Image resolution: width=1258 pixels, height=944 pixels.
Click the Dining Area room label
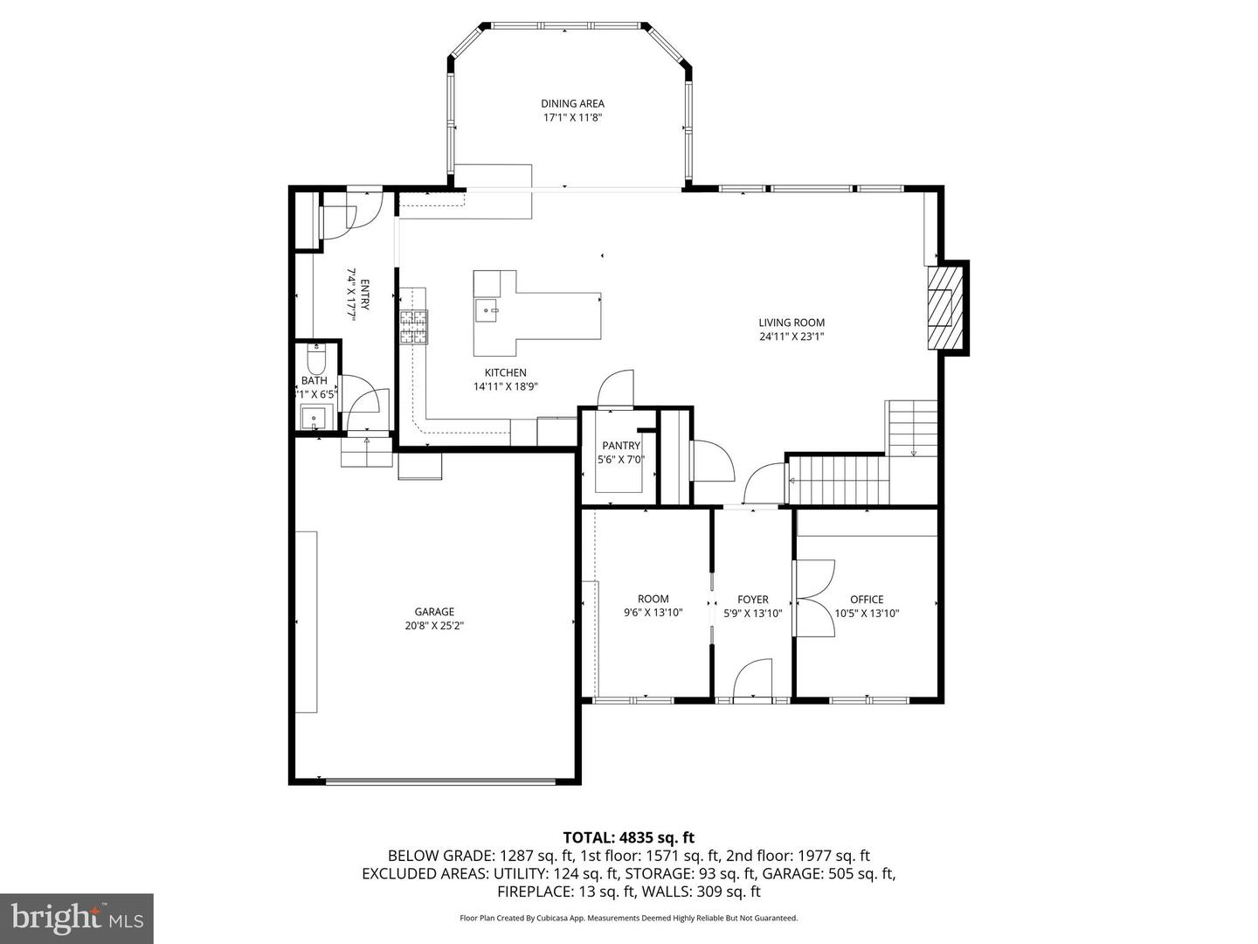[x=572, y=103]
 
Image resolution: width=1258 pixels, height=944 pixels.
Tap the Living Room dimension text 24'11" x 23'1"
[x=791, y=337]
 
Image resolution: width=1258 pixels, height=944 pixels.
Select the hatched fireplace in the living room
[x=943, y=307]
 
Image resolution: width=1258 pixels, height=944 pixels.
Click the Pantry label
[x=620, y=446]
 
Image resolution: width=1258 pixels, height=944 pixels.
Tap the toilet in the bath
[x=315, y=358]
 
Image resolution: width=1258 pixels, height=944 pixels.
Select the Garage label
[x=434, y=612]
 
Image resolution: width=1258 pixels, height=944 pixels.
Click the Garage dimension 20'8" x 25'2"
[x=434, y=626]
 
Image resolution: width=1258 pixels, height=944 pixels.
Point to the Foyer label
[x=752, y=600]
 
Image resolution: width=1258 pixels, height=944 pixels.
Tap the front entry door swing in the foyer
[x=753, y=680]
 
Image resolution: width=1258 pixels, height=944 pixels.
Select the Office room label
[x=867, y=600]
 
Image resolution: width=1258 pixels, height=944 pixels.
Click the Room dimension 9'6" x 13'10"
[x=653, y=613]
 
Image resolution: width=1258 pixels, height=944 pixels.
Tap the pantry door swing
[x=618, y=389]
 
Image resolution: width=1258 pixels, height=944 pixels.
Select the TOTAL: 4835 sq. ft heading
[x=628, y=838]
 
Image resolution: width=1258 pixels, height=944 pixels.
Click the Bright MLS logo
[x=77, y=918]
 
